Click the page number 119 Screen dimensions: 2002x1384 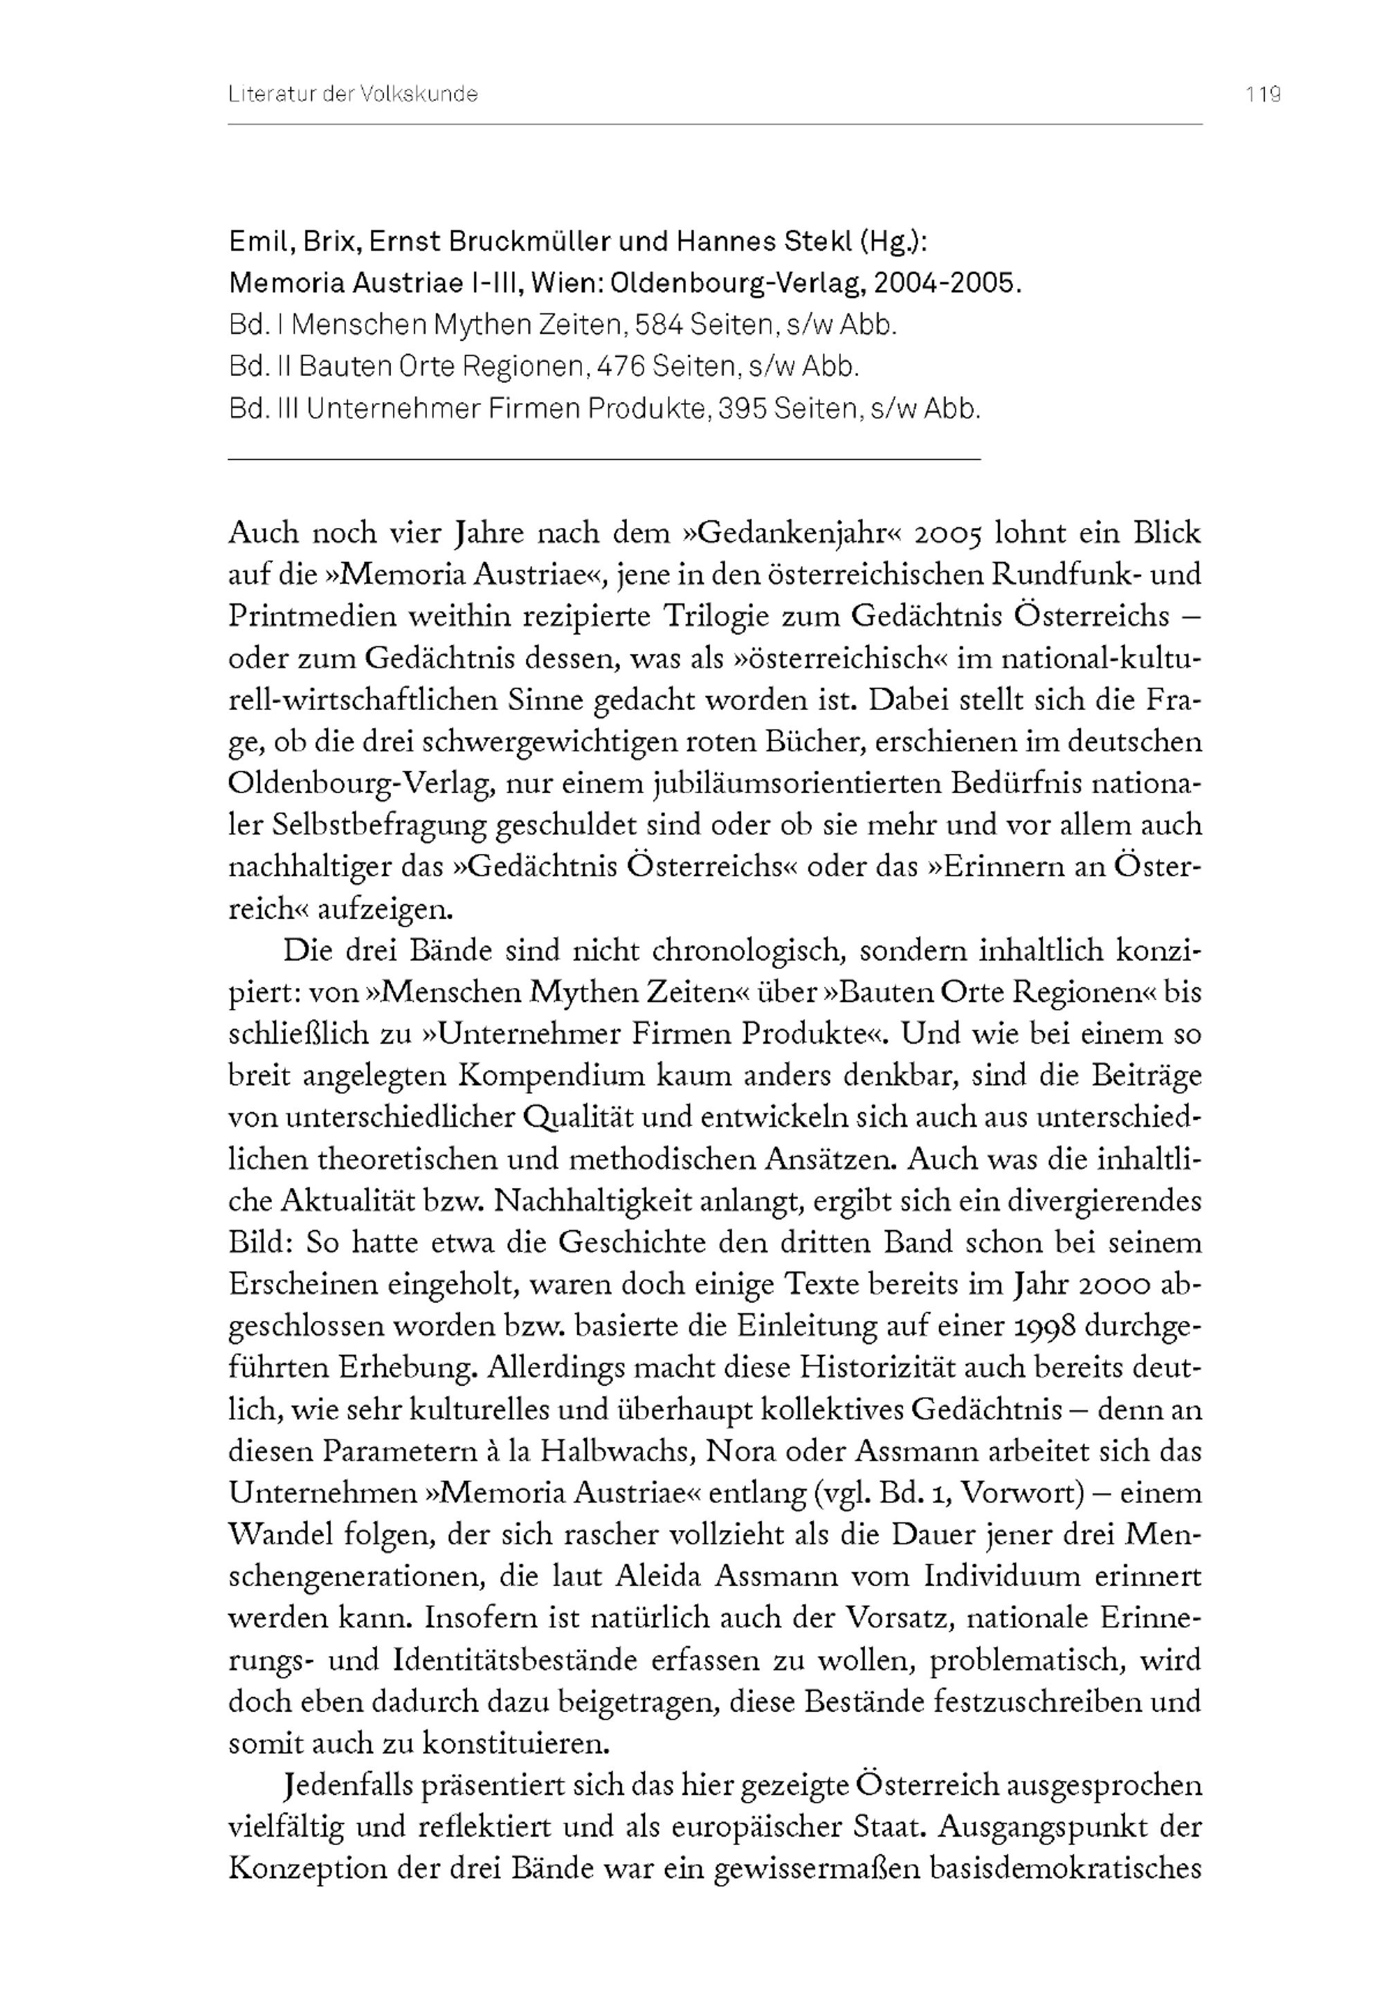click(1264, 95)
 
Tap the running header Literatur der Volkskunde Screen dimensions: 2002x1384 click(353, 95)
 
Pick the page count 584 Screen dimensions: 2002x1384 click(661, 325)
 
